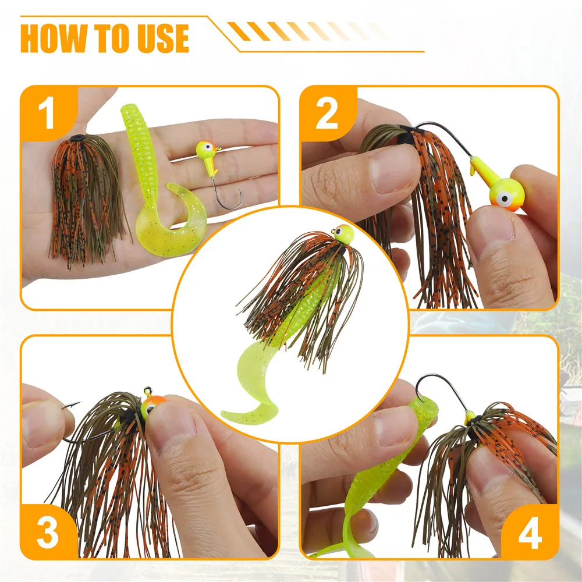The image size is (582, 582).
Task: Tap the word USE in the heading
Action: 164,38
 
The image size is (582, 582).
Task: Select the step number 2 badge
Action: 327,114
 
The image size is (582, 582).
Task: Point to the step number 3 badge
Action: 47,533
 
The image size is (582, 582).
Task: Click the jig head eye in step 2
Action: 505,198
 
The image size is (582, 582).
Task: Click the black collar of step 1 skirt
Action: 77,138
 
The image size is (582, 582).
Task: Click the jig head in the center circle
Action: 343,234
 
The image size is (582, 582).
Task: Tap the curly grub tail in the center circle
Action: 249,386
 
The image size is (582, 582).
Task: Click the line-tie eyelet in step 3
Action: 148,390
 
